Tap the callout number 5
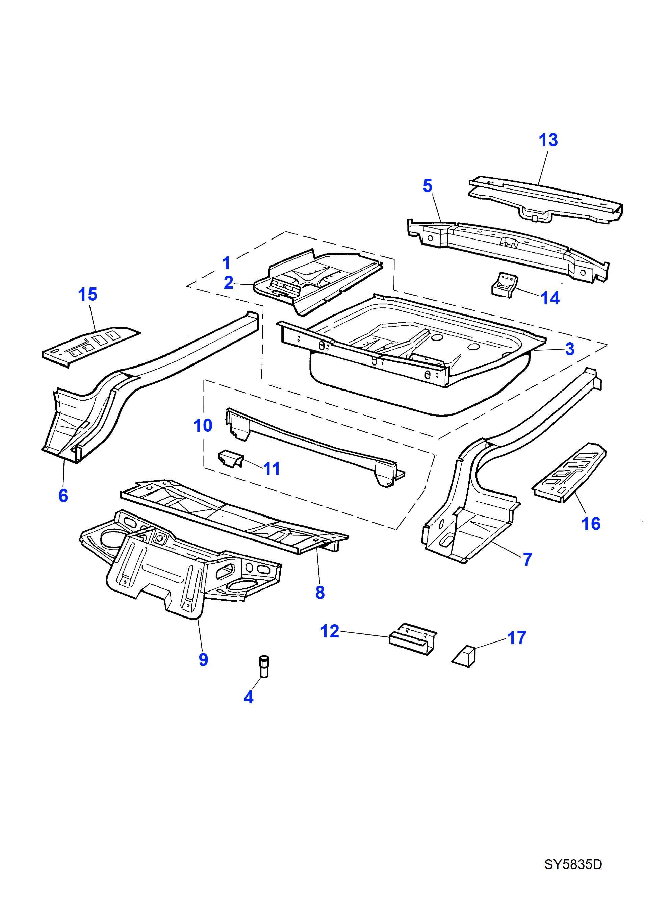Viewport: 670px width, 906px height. point(428,186)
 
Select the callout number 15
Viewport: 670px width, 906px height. point(87,295)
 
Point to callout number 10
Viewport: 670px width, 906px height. point(203,426)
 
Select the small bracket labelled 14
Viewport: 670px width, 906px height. point(504,285)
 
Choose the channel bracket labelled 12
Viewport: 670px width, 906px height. point(412,639)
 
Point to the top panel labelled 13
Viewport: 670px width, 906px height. point(545,199)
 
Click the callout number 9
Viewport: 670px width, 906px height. point(204,660)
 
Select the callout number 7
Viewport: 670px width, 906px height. point(527,559)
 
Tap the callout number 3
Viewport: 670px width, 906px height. point(570,349)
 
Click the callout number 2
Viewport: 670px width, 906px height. point(229,283)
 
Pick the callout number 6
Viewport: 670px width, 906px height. point(63,496)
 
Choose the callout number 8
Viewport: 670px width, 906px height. point(320,593)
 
